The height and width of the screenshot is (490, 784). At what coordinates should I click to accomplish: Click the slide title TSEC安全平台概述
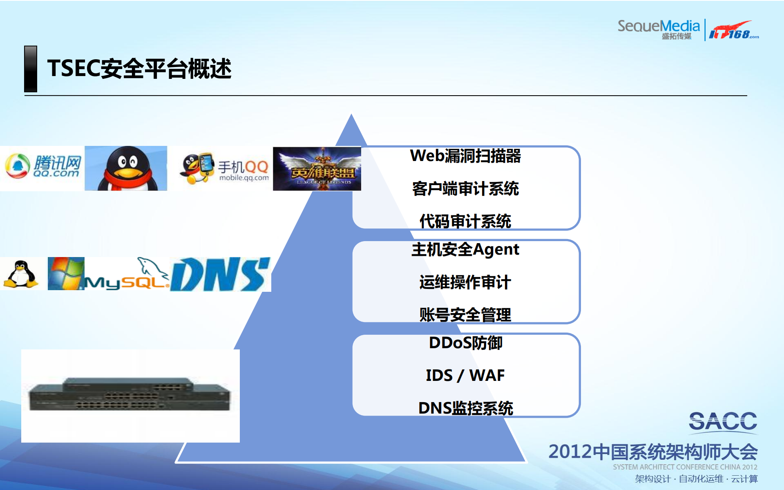[x=139, y=68]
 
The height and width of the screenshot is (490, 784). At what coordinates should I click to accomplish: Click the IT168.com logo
[x=733, y=31]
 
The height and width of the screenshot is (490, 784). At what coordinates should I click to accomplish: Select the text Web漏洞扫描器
[x=465, y=156]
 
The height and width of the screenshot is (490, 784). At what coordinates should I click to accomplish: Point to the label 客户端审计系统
[x=465, y=189]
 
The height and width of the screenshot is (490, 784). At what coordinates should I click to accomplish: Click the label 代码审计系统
[x=465, y=221]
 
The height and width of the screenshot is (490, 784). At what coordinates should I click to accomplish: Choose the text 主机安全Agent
[x=465, y=249]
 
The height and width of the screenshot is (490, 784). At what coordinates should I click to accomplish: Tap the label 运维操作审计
[x=465, y=282]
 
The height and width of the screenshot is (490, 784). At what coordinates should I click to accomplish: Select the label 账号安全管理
[x=465, y=315]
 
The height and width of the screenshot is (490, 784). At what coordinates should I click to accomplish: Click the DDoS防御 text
[x=465, y=343]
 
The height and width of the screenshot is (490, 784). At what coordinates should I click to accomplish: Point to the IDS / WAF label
[x=465, y=375]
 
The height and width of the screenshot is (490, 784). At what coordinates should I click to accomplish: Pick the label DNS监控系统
[x=465, y=408]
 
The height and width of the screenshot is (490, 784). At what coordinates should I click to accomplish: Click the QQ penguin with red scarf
[x=126, y=168]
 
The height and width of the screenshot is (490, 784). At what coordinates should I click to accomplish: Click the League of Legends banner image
[x=317, y=169]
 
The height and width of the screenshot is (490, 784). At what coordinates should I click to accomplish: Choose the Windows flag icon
[x=65, y=273]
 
